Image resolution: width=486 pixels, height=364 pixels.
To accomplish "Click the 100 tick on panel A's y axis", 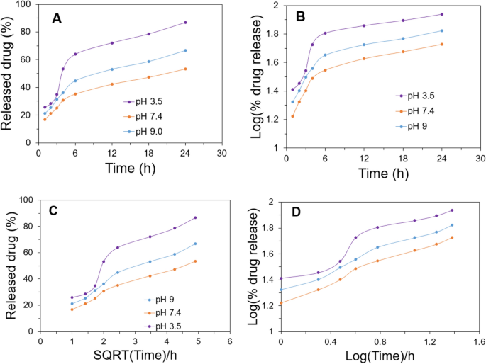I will (x=24, y=5).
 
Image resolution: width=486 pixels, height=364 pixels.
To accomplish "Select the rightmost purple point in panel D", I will (x=452, y=210).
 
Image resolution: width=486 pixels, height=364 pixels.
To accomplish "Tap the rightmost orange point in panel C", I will (x=195, y=261).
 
